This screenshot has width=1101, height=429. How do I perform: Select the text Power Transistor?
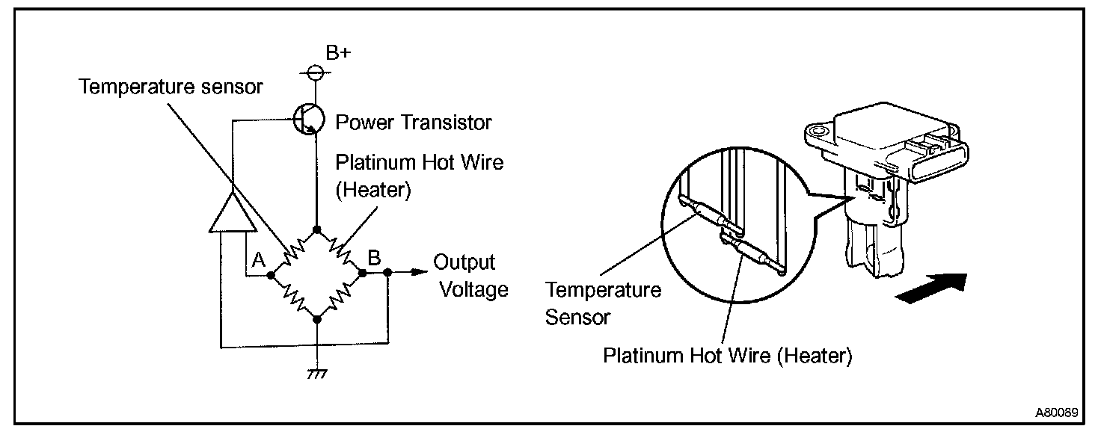(414, 121)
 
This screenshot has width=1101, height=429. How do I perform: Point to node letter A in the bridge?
(259, 259)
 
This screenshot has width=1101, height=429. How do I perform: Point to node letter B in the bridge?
(374, 258)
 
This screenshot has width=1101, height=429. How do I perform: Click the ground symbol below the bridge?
(317, 372)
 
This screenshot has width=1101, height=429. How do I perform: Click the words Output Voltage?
(470, 276)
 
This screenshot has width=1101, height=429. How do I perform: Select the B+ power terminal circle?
(316, 72)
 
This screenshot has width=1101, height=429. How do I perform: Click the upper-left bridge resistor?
(292, 252)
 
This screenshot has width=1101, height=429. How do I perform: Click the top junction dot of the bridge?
(317, 229)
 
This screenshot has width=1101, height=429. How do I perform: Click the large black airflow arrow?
(931, 288)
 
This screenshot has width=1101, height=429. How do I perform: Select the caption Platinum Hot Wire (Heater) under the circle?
(727, 356)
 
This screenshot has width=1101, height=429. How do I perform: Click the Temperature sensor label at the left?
(171, 87)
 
